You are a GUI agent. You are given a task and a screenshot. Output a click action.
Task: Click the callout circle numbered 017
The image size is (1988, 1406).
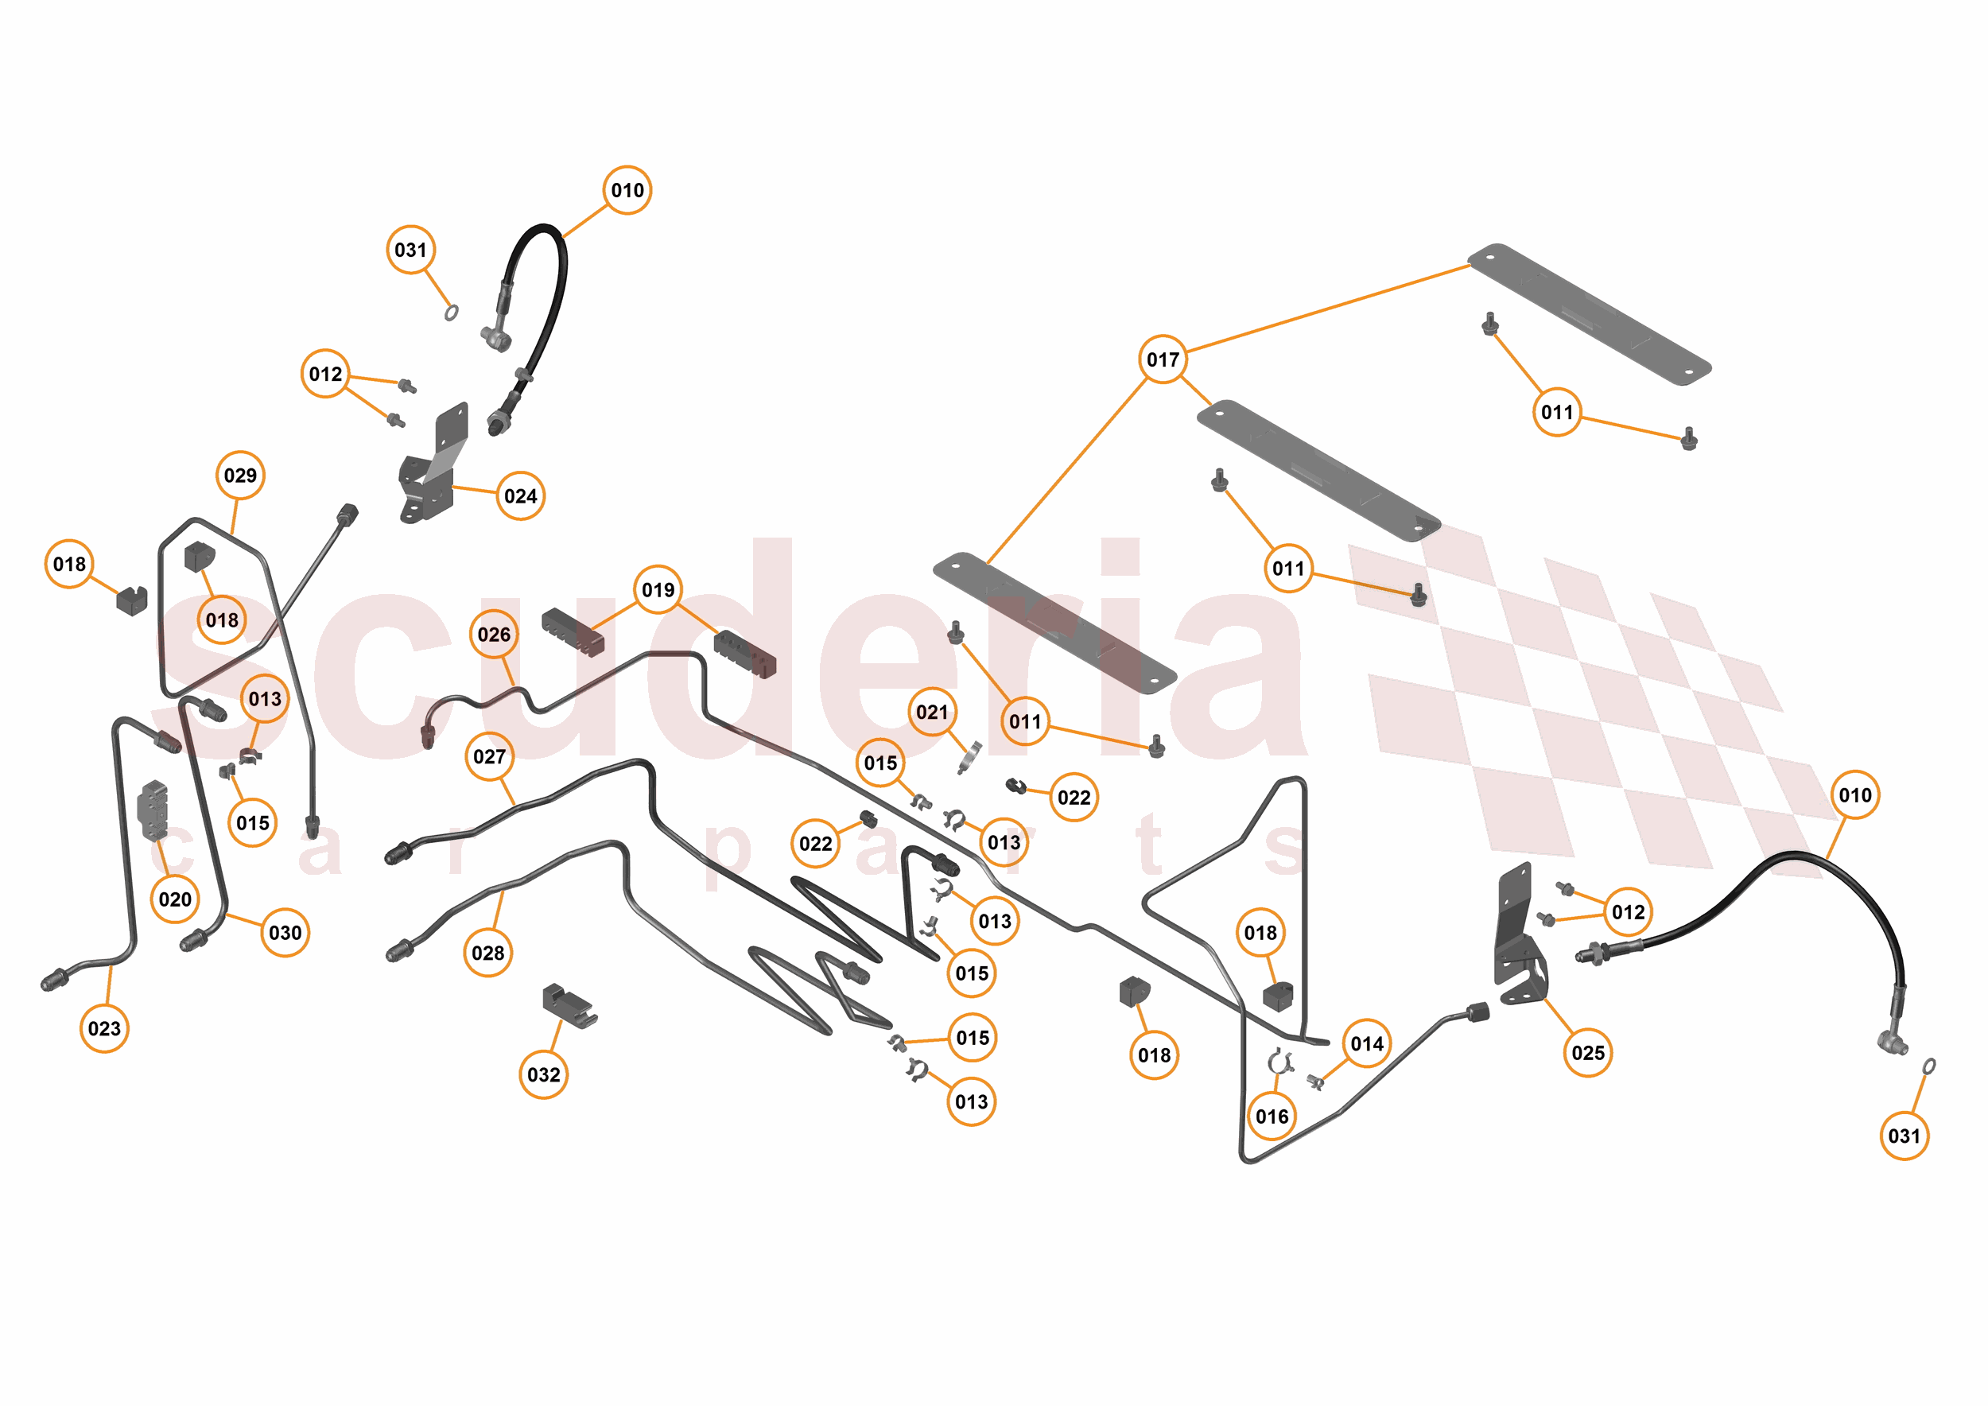(x=1162, y=359)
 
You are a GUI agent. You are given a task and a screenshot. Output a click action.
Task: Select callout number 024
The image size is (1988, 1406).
(x=520, y=496)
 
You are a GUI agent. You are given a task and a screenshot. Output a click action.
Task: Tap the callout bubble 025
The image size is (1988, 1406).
(x=1588, y=1053)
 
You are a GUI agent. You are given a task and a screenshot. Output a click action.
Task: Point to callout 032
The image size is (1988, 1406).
(x=544, y=1074)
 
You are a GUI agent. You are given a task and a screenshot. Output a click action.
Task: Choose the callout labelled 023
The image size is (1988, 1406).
(x=105, y=1028)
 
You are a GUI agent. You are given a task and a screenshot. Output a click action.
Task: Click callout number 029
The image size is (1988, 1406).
(x=240, y=476)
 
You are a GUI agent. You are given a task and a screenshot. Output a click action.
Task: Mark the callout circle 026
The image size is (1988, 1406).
(x=494, y=635)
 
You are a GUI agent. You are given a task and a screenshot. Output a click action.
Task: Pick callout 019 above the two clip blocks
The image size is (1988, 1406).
(x=658, y=589)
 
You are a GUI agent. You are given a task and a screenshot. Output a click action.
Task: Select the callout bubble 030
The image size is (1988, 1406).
(x=285, y=932)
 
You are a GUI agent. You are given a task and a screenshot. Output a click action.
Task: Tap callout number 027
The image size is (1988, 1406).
(x=489, y=756)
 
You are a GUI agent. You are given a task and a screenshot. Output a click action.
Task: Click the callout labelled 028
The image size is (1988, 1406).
(x=488, y=954)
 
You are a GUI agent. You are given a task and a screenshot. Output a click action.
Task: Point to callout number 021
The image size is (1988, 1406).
(x=933, y=712)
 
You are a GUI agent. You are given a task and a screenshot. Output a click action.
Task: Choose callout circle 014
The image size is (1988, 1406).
(x=1367, y=1043)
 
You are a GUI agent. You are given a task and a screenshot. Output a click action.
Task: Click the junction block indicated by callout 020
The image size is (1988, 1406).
(x=153, y=810)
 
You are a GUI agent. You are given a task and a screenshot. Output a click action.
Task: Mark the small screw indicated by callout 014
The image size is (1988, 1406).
(x=1315, y=1082)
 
